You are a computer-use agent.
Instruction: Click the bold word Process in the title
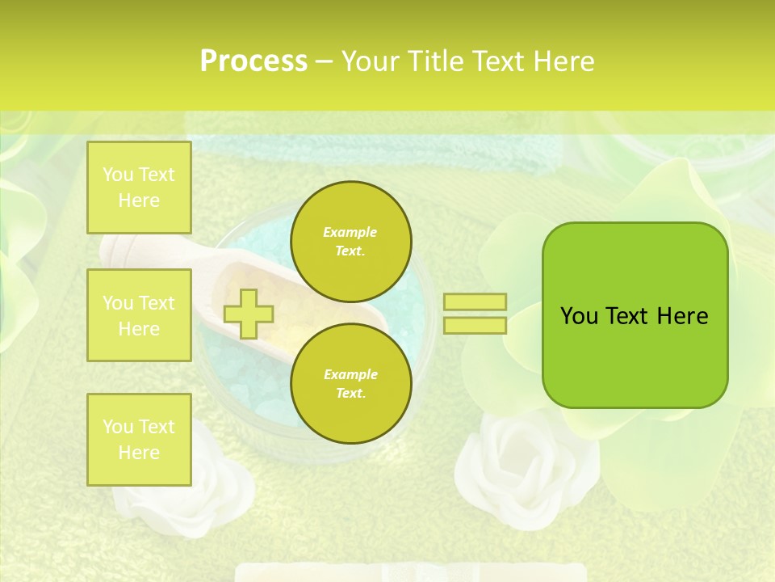[x=253, y=61]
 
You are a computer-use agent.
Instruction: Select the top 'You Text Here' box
[x=139, y=188]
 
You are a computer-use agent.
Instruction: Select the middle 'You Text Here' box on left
[x=139, y=315]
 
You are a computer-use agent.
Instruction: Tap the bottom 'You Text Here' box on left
[x=139, y=439]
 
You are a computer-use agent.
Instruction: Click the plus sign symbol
[x=248, y=314]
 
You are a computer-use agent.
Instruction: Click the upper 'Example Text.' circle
[x=350, y=242]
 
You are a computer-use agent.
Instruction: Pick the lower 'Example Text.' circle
[x=350, y=384]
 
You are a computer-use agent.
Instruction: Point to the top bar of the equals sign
[x=475, y=302]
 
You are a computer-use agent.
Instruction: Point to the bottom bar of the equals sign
[x=475, y=325]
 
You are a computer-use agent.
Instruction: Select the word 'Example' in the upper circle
[x=350, y=233]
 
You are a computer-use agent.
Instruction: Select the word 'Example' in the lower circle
[x=350, y=375]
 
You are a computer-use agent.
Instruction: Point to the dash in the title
[x=324, y=62]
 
